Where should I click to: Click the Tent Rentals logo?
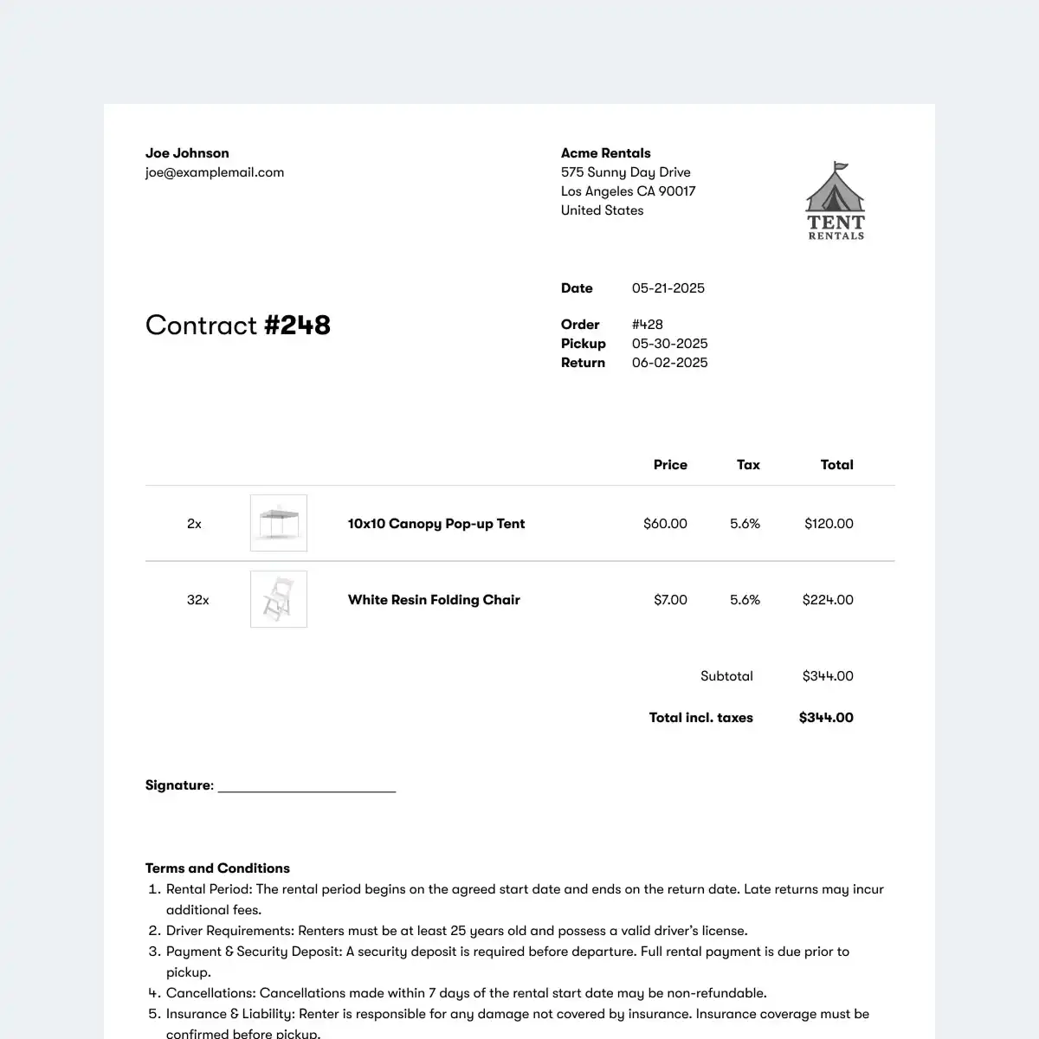pyautogui.click(x=836, y=202)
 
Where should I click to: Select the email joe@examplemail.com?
pyautogui.click(x=215, y=172)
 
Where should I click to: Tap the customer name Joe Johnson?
pyautogui.click(x=187, y=153)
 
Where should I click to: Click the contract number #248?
pyautogui.click(x=297, y=325)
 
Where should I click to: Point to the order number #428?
pyautogui.click(x=648, y=325)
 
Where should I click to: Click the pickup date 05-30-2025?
pyautogui.click(x=669, y=344)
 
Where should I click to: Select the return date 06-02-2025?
pyautogui.click(x=669, y=363)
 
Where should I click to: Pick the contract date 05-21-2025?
pyautogui.click(x=668, y=288)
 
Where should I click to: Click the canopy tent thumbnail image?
pyautogui.click(x=279, y=523)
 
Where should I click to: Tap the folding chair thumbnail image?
pyautogui.click(x=279, y=599)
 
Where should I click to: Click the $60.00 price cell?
pyautogui.click(x=665, y=524)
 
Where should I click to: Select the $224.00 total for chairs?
pyautogui.click(x=828, y=600)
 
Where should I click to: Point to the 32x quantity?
pyautogui.click(x=197, y=600)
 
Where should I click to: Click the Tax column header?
pyautogui.click(x=748, y=465)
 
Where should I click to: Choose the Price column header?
pyautogui.click(x=670, y=465)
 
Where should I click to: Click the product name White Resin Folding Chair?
pyautogui.click(x=434, y=600)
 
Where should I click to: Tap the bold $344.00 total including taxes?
pyautogui.click(x=826, y=718)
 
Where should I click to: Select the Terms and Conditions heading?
pyautogui.click(x=217, y=868)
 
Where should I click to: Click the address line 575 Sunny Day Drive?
pyautogui.click(x=625, y=172)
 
